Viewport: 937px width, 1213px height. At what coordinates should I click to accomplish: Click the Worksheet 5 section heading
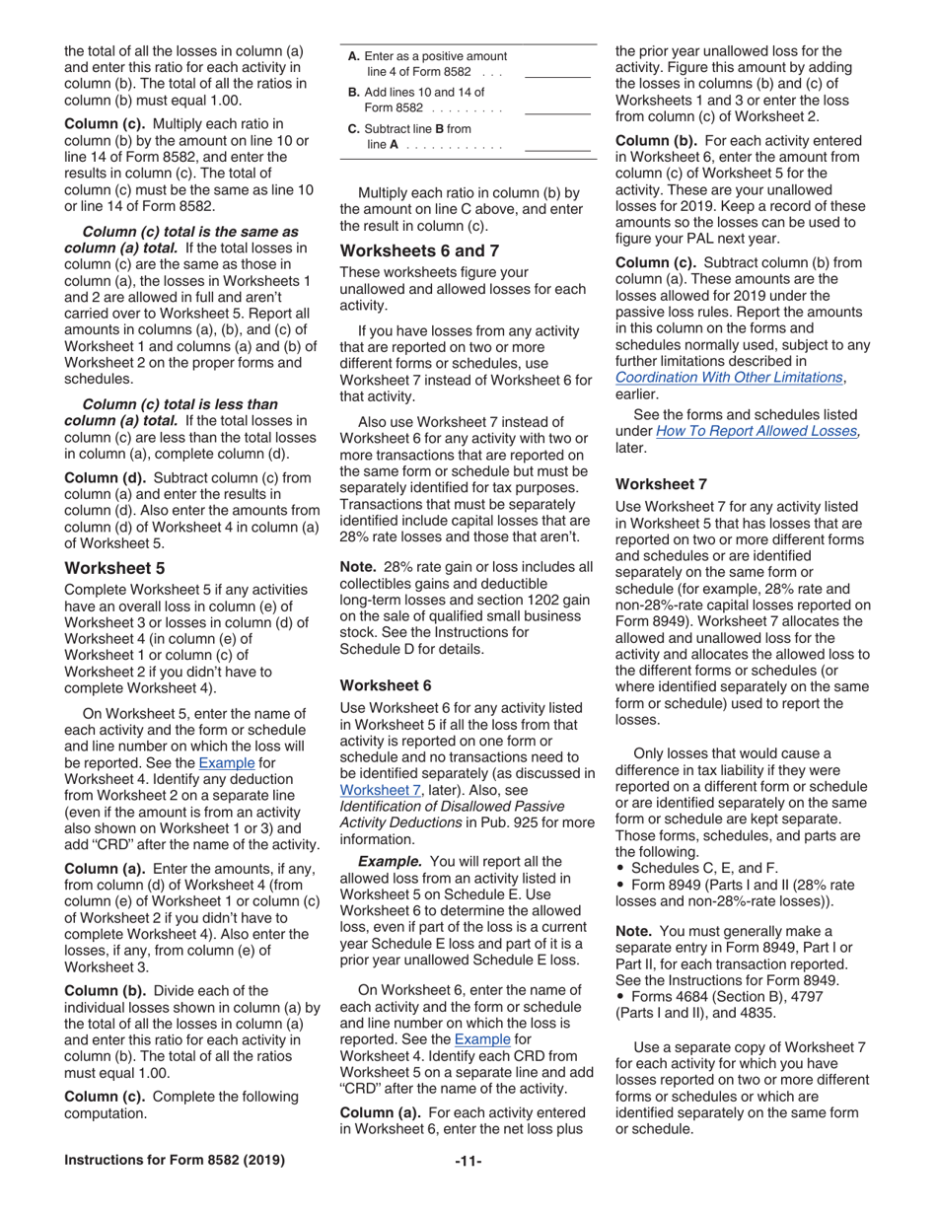click(113, 568)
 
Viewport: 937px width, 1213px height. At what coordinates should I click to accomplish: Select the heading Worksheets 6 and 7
click(419, 250)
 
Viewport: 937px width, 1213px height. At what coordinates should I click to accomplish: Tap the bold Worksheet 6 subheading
click(386, 684)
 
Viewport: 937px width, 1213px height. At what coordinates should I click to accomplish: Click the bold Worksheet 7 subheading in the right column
click(661, 484)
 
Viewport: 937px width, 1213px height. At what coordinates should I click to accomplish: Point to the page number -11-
click(468, 1160)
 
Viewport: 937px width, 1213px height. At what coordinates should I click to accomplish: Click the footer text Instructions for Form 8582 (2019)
click(175, 1160)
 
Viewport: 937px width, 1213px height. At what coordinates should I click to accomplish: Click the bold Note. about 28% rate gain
click(359, 566)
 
